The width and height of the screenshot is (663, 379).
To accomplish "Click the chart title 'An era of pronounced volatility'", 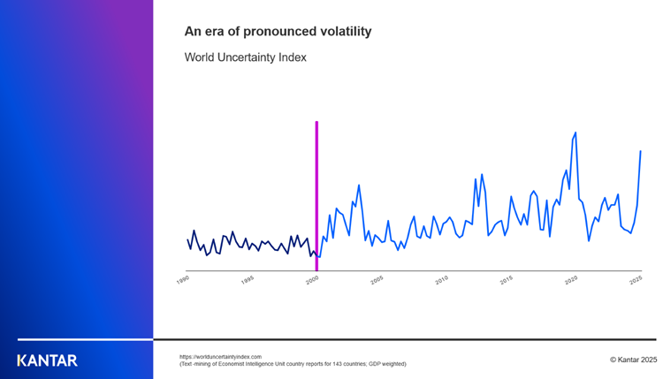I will click(278, 32).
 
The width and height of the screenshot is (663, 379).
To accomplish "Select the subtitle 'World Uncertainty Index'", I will click(245, 57).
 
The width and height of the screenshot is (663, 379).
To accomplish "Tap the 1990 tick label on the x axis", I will click(184, 278).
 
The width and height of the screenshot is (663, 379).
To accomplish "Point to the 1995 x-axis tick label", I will click(248, 278).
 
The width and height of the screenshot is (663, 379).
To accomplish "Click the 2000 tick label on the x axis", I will click(313, 278).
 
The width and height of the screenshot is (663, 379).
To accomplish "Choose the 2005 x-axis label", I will click(377, 278).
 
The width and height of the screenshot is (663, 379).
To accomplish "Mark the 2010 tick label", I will click(442, 278).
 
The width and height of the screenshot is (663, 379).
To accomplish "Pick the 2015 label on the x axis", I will click(507, 278).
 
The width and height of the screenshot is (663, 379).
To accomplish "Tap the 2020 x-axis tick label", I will click(571, 278).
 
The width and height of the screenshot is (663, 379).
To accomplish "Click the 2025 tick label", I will click(636, 278).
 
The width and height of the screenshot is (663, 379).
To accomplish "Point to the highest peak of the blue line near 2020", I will click(575, 133).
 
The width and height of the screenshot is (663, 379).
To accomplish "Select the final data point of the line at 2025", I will click(640, 151).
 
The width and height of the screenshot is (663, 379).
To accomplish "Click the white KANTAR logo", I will click(48, 360).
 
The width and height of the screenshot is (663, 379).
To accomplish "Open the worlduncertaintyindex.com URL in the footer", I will click(220, 356).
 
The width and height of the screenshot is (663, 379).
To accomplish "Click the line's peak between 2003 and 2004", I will click(358, 186).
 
